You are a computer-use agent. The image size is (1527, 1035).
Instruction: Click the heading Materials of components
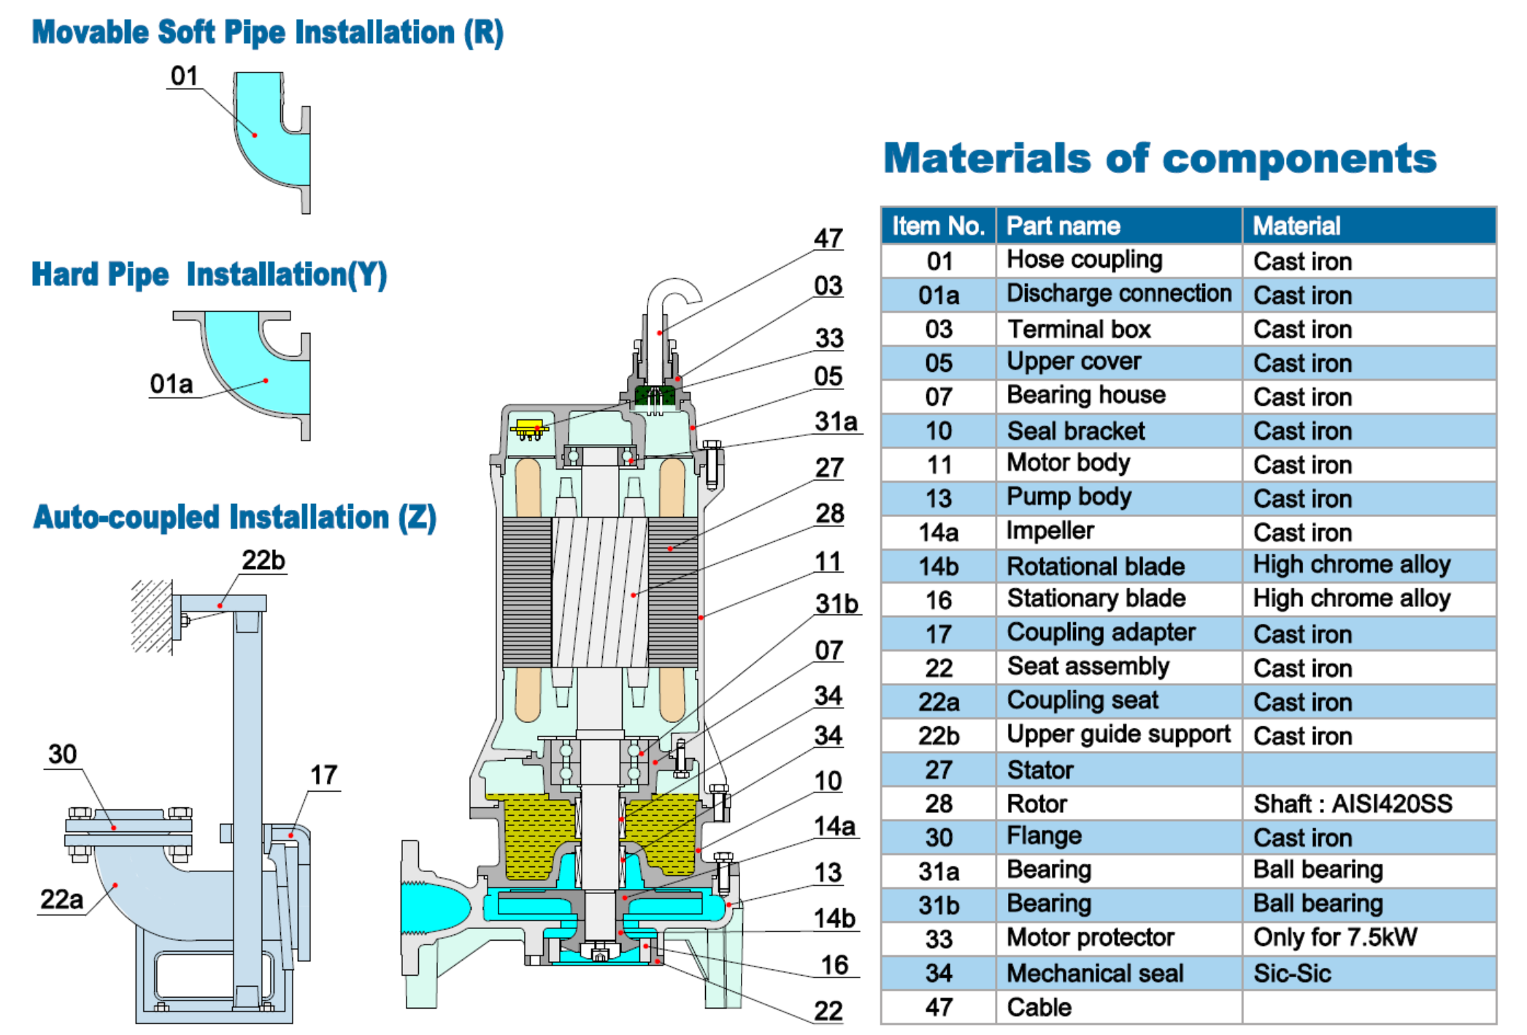(x=1159, y=159)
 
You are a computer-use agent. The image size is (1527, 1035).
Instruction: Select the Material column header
(x=1296, y=226)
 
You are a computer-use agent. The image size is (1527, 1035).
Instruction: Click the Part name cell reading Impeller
(x=1050, y=531)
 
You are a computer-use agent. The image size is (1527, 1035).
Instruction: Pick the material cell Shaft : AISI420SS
(x=1352, y=803)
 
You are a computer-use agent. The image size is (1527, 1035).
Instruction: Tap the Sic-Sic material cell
(x=1292, y=973)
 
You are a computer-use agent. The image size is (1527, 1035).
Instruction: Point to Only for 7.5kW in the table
(x=1334, y=938)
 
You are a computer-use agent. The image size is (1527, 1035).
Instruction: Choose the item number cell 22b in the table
(x=938, y=736)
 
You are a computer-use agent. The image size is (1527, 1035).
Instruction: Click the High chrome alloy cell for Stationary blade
(x=1351, y=599)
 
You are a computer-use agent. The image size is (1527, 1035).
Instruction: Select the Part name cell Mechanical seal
(x=1095, y=973)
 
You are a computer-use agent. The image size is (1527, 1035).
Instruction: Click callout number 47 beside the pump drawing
(x=828, y=238)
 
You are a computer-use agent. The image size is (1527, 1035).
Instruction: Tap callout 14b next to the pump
(x=834, y=918)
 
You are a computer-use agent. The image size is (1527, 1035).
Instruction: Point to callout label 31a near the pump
(x=836, y=421)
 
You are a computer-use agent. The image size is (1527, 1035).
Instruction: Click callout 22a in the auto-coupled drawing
(x=61, y=899)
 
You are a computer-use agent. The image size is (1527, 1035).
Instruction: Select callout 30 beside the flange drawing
(x=62, y=754)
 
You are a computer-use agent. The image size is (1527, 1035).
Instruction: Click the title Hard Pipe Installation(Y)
(x=209, y=275)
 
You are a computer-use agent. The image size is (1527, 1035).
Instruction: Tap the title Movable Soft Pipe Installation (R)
(x=267, y=33)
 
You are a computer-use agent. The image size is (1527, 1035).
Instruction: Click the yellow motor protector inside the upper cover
(x=529, y=429)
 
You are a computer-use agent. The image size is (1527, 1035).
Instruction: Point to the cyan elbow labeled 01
(x=272, y=139)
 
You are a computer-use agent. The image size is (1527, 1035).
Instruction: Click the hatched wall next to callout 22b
(x=151, y=615)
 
